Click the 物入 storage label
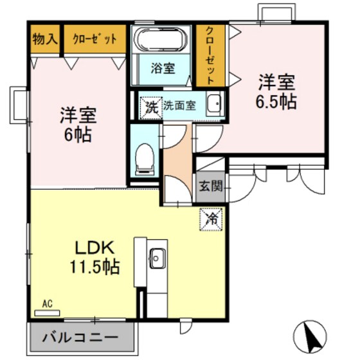point(43,39)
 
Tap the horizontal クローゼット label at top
point(94,39)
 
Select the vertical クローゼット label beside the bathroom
point(210,55)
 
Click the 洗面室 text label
point(183,105)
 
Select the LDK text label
point(96,248)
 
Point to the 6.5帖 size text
point(278,102)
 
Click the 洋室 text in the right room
point(278,82)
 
